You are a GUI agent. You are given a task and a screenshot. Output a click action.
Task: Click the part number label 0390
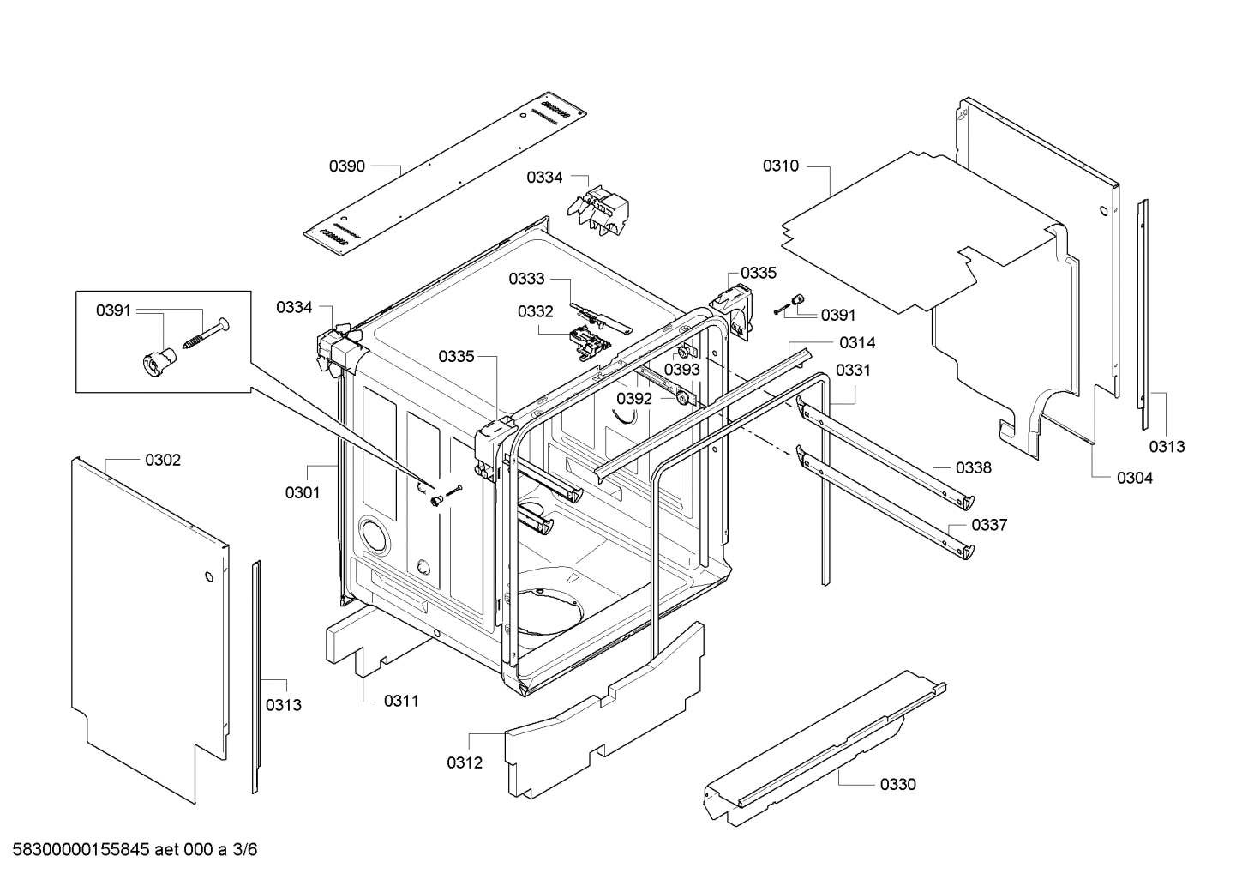pyautogui.click(x=347, y=166)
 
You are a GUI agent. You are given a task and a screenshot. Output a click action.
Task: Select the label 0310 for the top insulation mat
pyautogui.click(x=781, y=166)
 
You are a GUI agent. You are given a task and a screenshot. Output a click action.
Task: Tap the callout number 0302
pyautogui.click(x=163, y=461)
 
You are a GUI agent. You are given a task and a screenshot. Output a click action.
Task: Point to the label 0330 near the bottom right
pyautogui.click(x=897, y=784)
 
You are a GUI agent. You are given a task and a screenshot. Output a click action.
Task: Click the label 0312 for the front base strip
pyautogui.click(x=465, y=762)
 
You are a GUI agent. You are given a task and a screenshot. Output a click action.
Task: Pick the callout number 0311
pyautogui.click(x=401, y=701)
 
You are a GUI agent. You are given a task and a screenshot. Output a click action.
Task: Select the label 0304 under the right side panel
pyautogui.click(x=1135, y=478)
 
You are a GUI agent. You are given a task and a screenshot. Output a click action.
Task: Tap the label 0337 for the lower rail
pyautogui.click(x=989, y=525)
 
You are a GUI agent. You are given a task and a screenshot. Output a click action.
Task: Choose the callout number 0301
pyautogui.click(x=303, y=492)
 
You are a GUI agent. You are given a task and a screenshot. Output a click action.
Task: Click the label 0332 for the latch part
pyautogui.click(x=535, y=311)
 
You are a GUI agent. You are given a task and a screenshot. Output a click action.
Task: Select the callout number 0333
pyautogui.click(x=526, y=279)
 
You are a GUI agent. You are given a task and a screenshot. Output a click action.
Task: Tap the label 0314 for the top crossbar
pyautogui.click(x=857, y=343)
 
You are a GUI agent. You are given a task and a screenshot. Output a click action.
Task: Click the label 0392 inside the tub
pyautogui.click(x=634, y=399)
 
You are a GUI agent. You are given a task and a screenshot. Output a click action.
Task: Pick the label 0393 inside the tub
pyautogui.click(x=682, y=369)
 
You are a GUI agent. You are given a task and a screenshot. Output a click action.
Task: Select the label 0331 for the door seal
pyautogui.click(x=853, y=371)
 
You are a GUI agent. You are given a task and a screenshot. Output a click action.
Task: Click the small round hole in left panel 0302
pyautogui.click(x=207, y=578)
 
